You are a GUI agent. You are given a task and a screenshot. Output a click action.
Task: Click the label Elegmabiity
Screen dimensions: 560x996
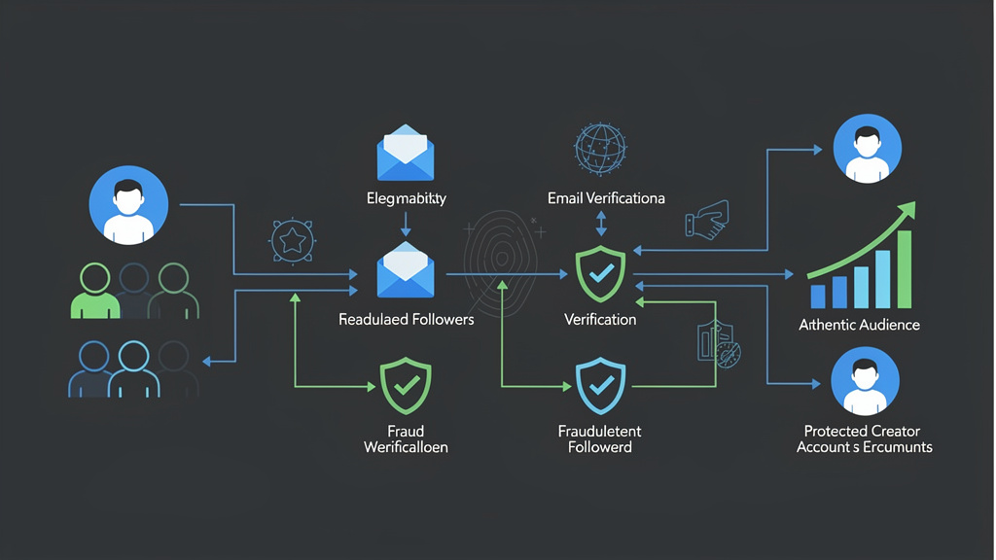(x=406, y=198)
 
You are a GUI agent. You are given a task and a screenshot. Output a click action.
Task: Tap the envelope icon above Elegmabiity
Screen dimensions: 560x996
(x=406, y=154)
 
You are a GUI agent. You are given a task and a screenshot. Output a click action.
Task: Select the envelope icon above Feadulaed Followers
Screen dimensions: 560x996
(x=406, y=270)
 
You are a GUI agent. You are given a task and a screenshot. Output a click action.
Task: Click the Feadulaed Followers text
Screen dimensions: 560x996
(x=406, y=319)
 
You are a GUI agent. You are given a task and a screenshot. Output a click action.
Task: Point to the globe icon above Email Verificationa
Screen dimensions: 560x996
(x=600, y=149)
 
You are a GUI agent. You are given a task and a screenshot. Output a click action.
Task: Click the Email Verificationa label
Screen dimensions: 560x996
(x=606, y=198)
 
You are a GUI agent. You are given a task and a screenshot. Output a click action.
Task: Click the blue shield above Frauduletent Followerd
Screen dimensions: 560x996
(x=601, y=386)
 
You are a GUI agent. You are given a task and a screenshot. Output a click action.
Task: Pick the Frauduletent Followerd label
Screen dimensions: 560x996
(x=600, y=438)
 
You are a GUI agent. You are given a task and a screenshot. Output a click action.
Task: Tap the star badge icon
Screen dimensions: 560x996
(x=292, y=239)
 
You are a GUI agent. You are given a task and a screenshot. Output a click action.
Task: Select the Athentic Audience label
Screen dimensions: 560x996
(x=859, y=325)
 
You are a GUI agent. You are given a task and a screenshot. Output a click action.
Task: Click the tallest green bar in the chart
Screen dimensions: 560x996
(x=904, y=268)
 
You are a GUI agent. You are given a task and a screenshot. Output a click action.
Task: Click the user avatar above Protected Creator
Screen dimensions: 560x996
(x=865, y=381)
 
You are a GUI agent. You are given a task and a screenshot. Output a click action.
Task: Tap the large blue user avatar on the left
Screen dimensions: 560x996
(x=128, y=206)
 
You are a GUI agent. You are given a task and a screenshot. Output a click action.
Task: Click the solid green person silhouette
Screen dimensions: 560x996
(x=94, y=292)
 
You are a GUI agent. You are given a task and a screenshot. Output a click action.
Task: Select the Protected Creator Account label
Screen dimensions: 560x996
(x=864, y=438)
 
